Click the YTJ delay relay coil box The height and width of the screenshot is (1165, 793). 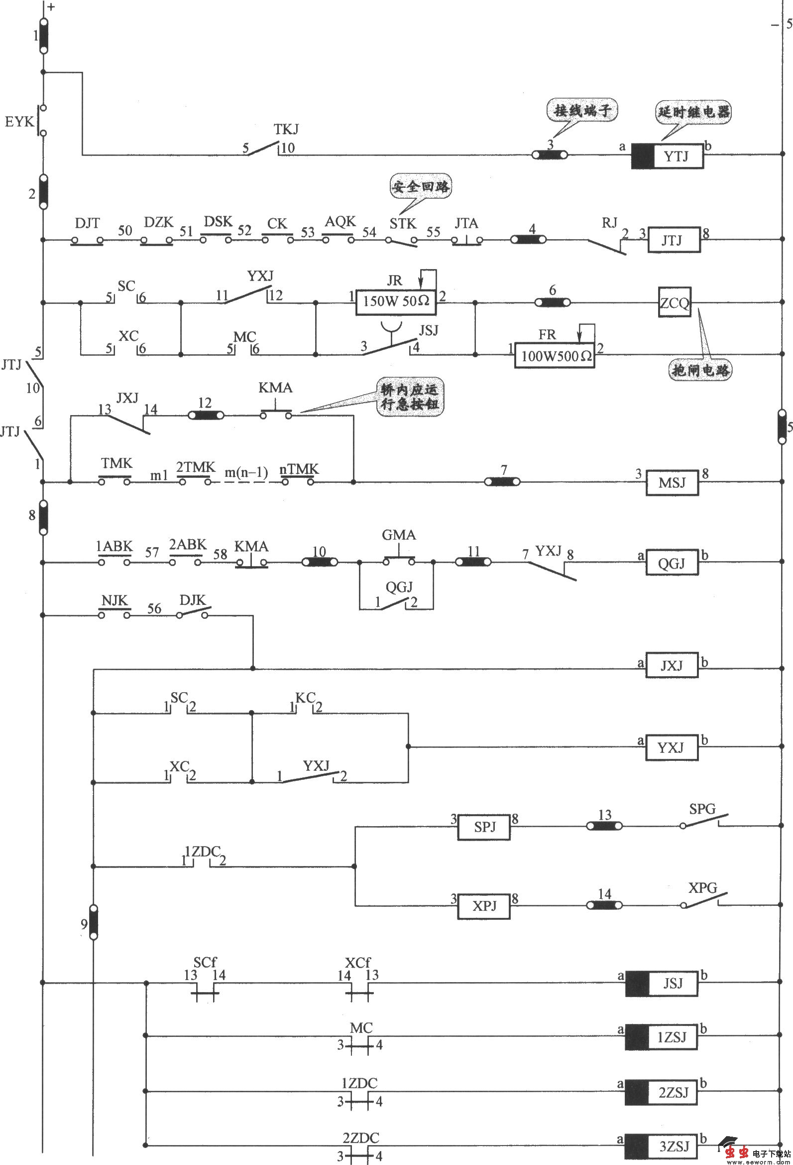pos(667,156)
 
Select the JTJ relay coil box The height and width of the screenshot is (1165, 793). pos(674,240)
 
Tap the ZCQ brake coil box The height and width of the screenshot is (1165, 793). pos(675,303)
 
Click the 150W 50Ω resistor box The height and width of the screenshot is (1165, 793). pos(396,301)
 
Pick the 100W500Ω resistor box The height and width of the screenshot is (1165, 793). pos(555,355)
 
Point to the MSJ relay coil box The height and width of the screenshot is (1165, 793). pos(672,483)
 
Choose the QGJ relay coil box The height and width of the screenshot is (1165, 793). pos(671,563)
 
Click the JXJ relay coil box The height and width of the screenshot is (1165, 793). pos(671,665)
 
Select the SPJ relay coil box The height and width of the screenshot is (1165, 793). pos(484,827)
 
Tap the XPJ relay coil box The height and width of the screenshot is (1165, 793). pos(484,906)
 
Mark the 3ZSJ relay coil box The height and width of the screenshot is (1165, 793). pos(661,1146)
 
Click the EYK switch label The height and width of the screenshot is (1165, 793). pos(19,122)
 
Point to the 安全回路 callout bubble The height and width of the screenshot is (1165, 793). pos(420,187)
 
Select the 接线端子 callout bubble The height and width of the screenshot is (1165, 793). pos(582,110)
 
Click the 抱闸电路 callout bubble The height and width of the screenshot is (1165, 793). pos(700,370)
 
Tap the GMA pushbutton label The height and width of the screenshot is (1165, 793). pos(399,535)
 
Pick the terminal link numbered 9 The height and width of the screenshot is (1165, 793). pos(94,922)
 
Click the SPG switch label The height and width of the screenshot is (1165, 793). pos(702,809)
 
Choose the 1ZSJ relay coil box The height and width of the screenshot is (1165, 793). pos(661,1036)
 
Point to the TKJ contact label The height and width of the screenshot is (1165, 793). pos(286,130)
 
